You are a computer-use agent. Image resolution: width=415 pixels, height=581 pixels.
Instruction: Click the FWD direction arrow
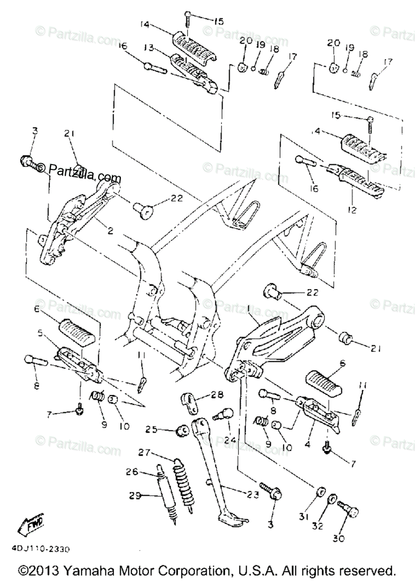tap(32, 523)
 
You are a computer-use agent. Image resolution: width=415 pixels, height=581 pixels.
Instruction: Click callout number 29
tap(136, 495)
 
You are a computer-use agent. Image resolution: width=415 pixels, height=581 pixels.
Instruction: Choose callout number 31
tap(304, 517)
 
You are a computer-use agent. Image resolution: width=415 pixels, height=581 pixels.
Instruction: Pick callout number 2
tap(110, 231)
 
